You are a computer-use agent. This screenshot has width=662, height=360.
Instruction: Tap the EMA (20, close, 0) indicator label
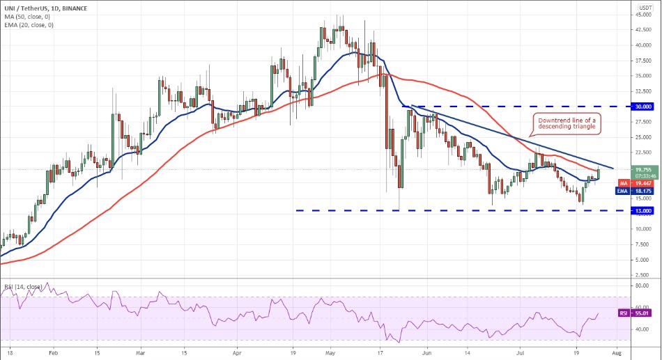27,24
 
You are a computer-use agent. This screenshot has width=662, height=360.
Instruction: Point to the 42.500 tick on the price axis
643,30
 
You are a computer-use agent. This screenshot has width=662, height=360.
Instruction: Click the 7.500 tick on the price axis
643,244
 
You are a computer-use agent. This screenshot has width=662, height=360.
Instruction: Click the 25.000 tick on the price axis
643,137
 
